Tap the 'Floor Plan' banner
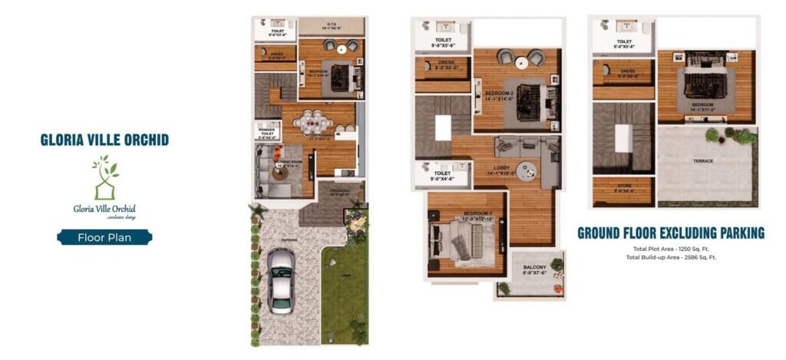click(x=104, y=237)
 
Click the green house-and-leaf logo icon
click(x=104, y=177)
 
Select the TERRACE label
click(x=702, y=161)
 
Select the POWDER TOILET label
click(x=266, y=131)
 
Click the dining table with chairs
click(x=317, y=122)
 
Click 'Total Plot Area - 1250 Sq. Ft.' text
click(x=670, y=250)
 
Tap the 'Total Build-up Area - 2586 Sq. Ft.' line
click(x=670, y=257)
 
